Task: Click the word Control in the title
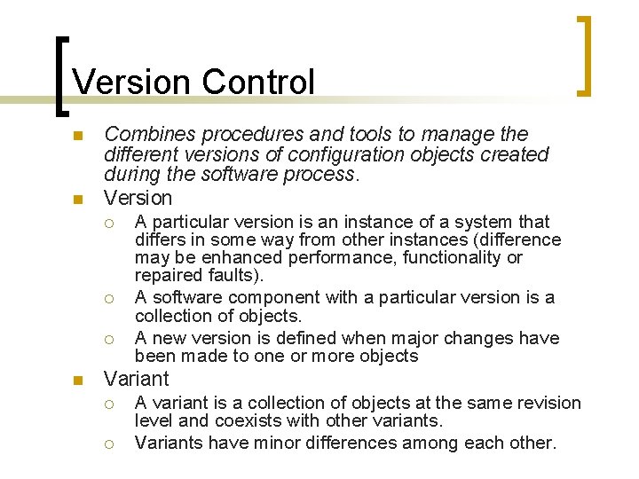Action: (258, 82)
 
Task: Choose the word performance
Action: (320, 257)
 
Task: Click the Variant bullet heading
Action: (136, 379)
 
